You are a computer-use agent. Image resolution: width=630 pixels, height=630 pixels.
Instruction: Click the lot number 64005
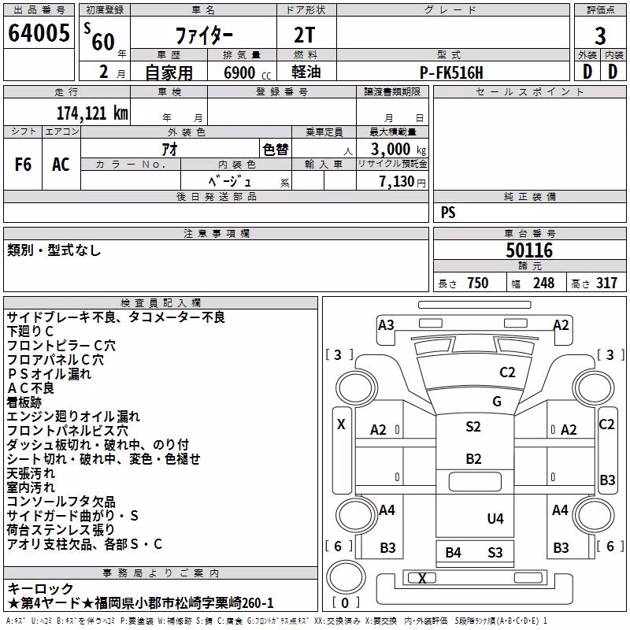coord(39,33)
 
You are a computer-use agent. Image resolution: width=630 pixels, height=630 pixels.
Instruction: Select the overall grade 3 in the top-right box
coord(600,36)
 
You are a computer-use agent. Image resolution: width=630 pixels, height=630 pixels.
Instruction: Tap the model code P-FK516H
coord(451,72)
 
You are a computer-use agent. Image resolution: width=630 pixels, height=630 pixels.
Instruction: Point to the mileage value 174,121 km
coord(92,113)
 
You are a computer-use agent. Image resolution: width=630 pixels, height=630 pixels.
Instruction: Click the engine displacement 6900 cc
coord(247,72)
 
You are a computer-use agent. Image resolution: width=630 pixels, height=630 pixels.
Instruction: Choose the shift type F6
coord(23,165)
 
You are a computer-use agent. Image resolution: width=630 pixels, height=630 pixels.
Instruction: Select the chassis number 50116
coord(529,250)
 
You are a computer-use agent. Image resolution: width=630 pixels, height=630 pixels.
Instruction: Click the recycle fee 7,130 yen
coord(402,182)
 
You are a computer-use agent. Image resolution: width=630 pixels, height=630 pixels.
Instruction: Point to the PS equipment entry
coord(448,213)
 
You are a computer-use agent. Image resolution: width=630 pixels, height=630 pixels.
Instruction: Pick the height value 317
coord(606,283)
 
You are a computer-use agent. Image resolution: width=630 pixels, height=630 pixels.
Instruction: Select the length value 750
coord(478,283)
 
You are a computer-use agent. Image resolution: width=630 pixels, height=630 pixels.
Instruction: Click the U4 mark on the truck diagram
coord(495,519)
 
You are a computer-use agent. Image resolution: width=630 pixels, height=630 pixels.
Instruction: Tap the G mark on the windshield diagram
coord(497,402)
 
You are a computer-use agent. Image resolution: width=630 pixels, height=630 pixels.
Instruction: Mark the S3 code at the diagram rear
coord(495,553)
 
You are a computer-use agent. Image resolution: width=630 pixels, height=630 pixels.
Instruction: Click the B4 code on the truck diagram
coord(454,553)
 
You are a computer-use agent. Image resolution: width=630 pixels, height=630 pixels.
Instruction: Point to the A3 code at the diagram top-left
coord(386,325)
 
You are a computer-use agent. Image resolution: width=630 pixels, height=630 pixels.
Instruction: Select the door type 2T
coord(305,35)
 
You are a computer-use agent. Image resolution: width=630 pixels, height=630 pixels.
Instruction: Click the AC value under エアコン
coord(61,165)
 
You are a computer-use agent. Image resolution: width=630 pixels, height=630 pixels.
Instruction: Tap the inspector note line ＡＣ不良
coord(31,388)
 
